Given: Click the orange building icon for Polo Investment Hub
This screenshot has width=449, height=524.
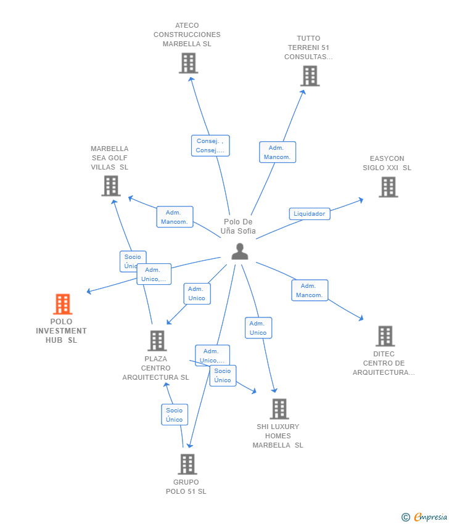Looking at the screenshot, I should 62,304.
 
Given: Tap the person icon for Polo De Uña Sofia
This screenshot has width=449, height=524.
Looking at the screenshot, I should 239,251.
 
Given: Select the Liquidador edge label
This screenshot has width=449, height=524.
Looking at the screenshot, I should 309,214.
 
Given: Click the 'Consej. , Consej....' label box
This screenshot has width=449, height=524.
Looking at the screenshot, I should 210,145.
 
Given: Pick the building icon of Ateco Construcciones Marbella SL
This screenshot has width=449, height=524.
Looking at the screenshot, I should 188,63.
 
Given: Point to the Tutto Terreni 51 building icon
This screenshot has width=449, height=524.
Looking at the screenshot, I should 310,76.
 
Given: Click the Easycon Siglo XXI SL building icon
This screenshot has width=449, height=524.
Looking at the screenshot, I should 388,187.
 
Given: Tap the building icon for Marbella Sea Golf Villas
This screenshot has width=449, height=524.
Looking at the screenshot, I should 110,186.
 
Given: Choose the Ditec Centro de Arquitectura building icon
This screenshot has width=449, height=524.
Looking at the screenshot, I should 385,336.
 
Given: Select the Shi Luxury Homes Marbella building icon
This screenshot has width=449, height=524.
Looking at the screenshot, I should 279,409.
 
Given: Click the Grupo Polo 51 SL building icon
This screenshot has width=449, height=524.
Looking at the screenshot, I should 187,464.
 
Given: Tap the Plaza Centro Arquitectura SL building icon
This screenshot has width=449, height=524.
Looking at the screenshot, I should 157,341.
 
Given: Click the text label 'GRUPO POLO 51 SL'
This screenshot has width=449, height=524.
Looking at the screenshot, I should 186,487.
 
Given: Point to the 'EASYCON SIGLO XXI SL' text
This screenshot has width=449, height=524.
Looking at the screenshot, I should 387,163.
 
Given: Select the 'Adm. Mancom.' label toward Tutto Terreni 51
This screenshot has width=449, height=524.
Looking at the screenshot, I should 278,152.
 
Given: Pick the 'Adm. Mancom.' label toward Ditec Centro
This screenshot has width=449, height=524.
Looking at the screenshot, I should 310,290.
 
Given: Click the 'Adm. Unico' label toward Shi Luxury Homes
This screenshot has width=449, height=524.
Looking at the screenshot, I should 258,328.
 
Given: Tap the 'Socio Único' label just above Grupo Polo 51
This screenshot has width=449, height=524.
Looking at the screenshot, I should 174,415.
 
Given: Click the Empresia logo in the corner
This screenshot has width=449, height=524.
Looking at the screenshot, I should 426,517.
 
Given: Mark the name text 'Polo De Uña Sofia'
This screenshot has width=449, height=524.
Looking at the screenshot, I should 238,227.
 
